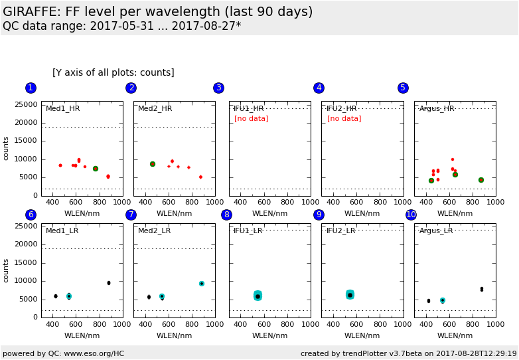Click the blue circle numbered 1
[x=31, y=88]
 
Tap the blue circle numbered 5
[x=403, y=88]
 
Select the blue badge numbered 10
[x=411, y=215]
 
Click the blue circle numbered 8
[x=226, y=215]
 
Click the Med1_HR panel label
[x=62, y=108]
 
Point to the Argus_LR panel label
[x=436, y=230]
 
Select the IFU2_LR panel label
[x=344, y=230]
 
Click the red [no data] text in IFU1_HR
[x=251, y=119]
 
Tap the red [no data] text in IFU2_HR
[x=344, y=119]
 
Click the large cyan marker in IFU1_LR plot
[x=258, y=296]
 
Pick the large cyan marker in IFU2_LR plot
[x=350, y=294]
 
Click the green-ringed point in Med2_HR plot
[x=153, y=164]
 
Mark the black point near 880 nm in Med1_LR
[x=109, y=283]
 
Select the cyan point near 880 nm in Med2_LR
[x=202, y=284]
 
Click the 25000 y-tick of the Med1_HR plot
[x=25, y=104]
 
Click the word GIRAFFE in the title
[x=31, y=12]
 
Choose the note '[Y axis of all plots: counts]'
[x=113, y=72]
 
